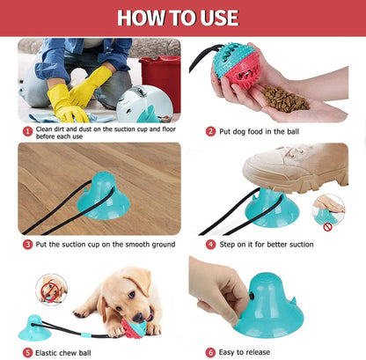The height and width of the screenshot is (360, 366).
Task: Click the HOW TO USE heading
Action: click(182, 17)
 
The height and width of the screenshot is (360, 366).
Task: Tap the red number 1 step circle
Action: click(27, 130)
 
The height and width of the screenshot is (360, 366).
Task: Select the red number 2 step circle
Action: click(211, 130)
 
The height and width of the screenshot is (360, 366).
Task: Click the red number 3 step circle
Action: click(28, 244)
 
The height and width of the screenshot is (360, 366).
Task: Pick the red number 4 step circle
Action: click(211, 244)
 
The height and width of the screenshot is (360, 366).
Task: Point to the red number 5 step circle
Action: click(28, 352)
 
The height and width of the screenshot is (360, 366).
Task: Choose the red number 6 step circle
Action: click(211, 352)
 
